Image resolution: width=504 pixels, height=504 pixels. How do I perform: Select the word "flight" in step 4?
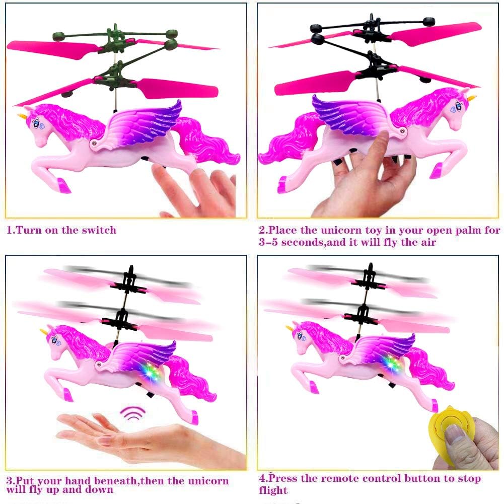273,490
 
